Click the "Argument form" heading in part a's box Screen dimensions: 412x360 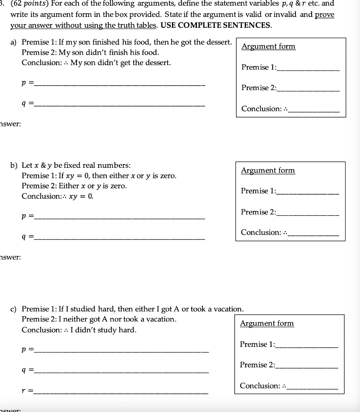point(268,46)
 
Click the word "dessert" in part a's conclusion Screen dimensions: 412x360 point(155,63)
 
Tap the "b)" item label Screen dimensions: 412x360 point(14,165)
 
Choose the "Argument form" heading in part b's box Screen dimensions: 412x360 point(268,171)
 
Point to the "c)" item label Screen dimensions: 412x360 point(14,309)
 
